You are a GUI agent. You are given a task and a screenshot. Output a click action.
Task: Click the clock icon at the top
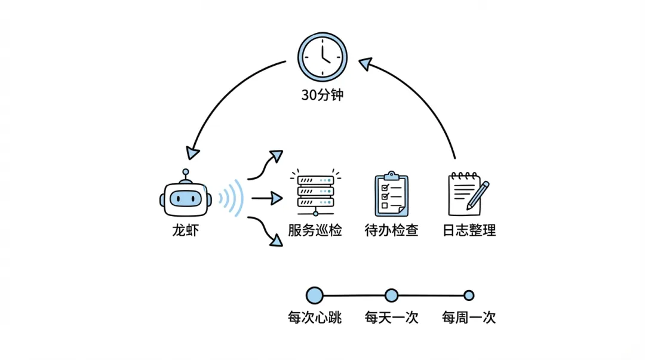[x=322, y=57]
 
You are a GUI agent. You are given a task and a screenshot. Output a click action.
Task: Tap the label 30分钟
[x=322, y=94]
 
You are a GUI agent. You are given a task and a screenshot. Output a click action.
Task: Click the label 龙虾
[x=185, y=230]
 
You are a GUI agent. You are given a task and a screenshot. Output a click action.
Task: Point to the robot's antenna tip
[x=185, y=173]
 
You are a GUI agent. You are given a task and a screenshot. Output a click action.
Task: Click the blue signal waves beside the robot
[x=233, y=198]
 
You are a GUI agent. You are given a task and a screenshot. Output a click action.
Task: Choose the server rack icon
[x=315, y=190]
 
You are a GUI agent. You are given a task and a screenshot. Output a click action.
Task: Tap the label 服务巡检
[x=315, y=230]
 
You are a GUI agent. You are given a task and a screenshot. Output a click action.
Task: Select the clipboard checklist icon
[x=391, y=194]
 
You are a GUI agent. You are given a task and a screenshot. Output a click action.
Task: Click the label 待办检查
[x=391, y=230]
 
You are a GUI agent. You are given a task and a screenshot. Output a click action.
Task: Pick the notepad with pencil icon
[x=468, y=193]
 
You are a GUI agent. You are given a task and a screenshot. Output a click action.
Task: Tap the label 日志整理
[x=469, y=230]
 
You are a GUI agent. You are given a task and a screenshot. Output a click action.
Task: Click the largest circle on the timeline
[x=314, y=295]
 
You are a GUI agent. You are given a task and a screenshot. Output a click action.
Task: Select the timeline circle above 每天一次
[x=391, y=295]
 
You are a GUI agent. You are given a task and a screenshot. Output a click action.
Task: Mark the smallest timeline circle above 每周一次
[x=469, y=295]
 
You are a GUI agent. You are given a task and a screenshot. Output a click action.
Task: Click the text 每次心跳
[x=314, y=317]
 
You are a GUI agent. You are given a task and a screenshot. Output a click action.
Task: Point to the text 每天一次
[x=391, y=317]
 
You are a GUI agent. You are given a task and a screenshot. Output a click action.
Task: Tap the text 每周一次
[x=469, y=317]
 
